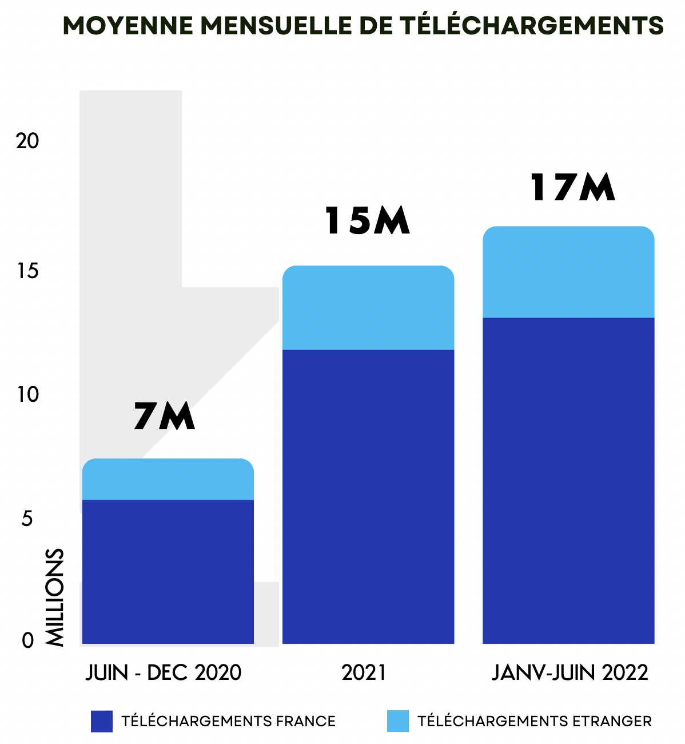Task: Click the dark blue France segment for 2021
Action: pyautogui.click(x=368, y=496)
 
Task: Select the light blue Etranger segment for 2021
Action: pyautogui.click(x=368, y=308)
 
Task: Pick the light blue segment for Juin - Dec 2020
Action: pyautogui.click(x=168, y=480)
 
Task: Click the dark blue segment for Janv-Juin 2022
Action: pyautogui.click(x=568, y=480)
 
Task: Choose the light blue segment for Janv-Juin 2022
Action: pyautogui.click(x=568, y=272)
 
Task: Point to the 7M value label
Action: pyautogui.click(x=165, y=416)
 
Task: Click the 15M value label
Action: pyautogui.click(x=368, y=221)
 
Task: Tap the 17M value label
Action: pyautogui.click(x=572, y=188)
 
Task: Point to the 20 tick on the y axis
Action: pyautogui.click(x=27, y=141)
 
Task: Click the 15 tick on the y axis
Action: pyautogui.click(x=27, y=271)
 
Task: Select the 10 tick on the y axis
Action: pyautogui.click(x=27, y=394)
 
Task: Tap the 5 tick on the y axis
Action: pyautogui.click(x=27, y=519)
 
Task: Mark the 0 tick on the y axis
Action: pyautogui.click(x=28, y=640)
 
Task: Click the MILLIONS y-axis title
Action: pyautogui.click(x=54, y=597)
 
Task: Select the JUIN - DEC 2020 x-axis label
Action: pyautogui.click(x=164, y=672)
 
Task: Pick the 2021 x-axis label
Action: pyautogui.click(x=364, y=672)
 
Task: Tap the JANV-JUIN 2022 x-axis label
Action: pyautogui.click(x=570, y=672)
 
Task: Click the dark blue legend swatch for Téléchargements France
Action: pyautogui.click(x=102, y=721)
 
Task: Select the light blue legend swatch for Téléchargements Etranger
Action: pyautogui.click(x=398, y=721)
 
